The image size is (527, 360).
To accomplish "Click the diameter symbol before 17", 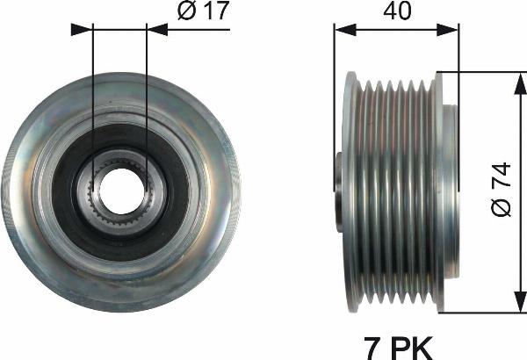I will (186, 13).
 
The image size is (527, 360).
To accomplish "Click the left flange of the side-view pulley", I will (351, 189).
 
